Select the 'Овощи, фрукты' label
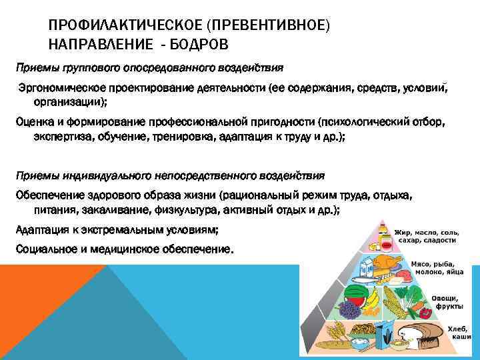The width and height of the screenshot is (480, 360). (x=445, y=302)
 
